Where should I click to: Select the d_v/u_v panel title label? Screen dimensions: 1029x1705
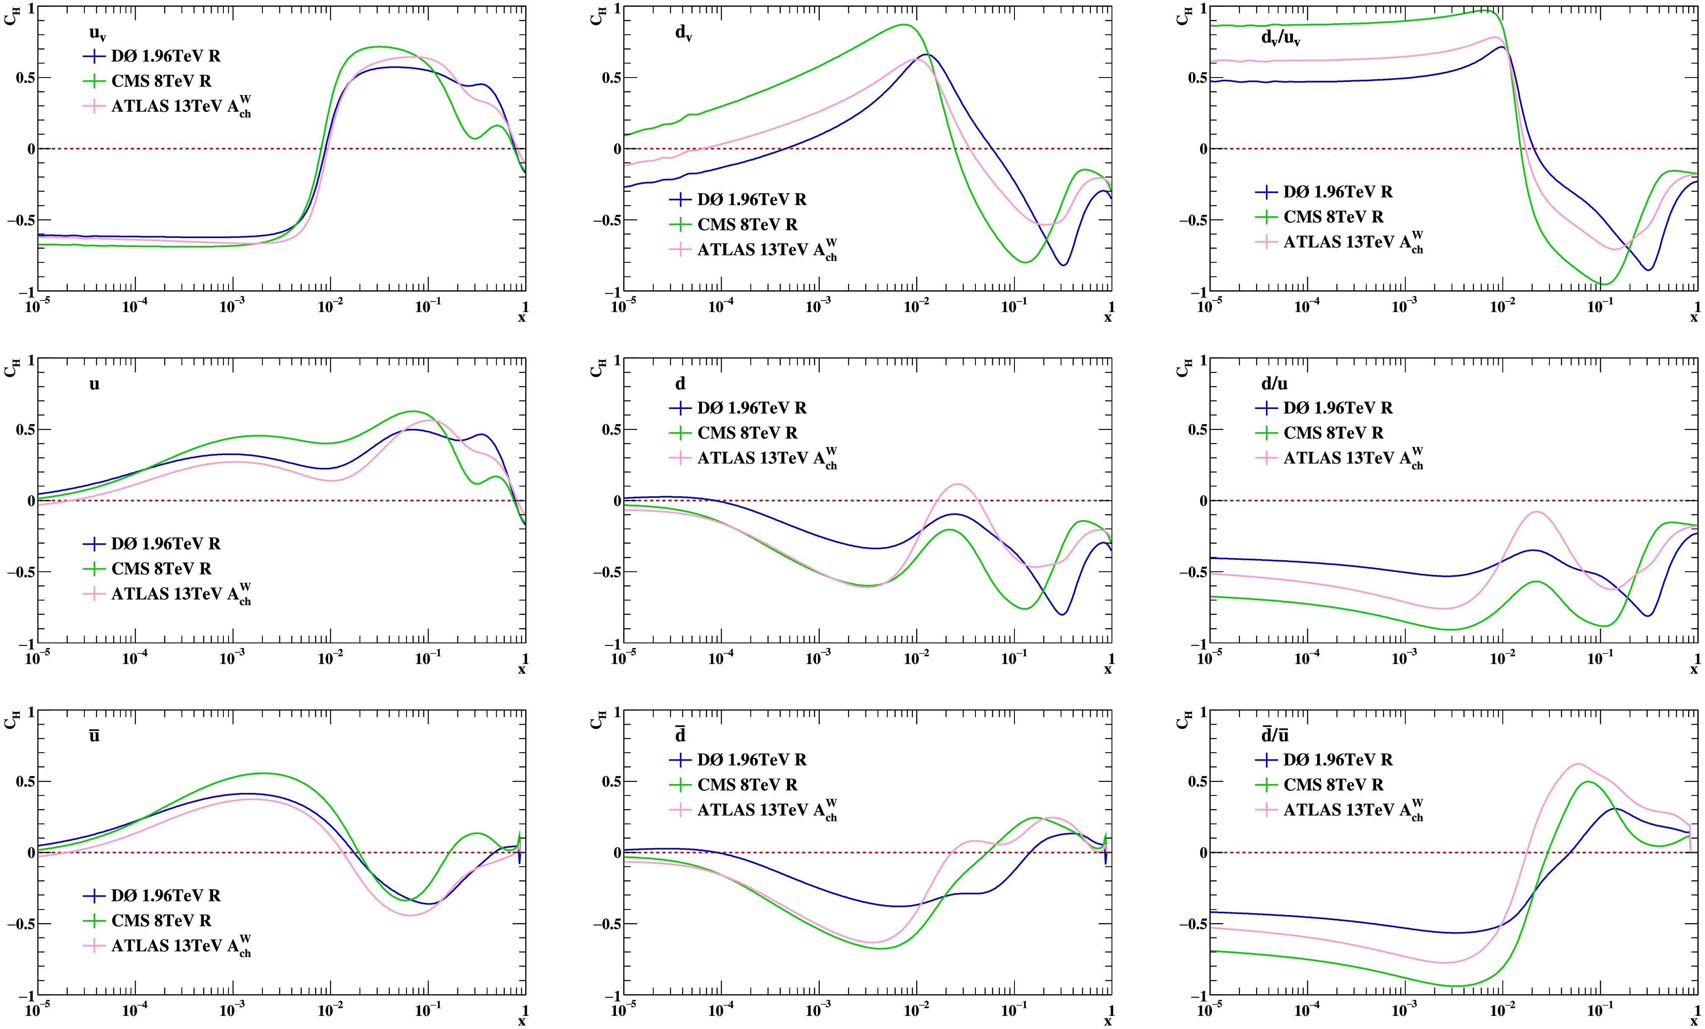point(1281,38)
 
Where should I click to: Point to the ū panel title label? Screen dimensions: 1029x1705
point(94,735)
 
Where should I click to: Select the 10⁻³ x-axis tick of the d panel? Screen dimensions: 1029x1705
point(819,659)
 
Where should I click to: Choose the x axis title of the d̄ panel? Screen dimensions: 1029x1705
point(1108,1021)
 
